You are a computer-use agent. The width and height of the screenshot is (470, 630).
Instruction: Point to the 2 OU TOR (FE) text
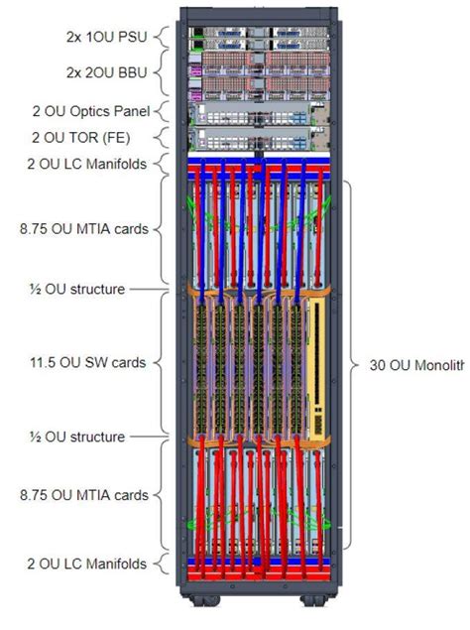(99, 136)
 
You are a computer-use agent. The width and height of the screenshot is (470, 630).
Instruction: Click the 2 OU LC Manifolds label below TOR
(86, 161)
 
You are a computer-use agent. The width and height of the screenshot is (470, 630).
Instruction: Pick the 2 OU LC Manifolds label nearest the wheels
(86, 564)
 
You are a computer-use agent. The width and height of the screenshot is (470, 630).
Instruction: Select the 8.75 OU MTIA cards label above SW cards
(84, 229)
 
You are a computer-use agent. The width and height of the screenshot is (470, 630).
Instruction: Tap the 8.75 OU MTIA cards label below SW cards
(84, 495)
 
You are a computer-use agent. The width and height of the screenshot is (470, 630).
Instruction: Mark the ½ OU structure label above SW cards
(76, 289)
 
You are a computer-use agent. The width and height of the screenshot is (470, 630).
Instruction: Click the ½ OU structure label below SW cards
(76, 437)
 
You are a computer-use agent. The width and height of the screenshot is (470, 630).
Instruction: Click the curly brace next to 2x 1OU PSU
(160, 39)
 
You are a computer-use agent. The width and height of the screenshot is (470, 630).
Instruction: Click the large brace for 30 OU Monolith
(348, 364)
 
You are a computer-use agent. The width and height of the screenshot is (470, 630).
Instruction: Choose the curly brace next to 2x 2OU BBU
(160, 73)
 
